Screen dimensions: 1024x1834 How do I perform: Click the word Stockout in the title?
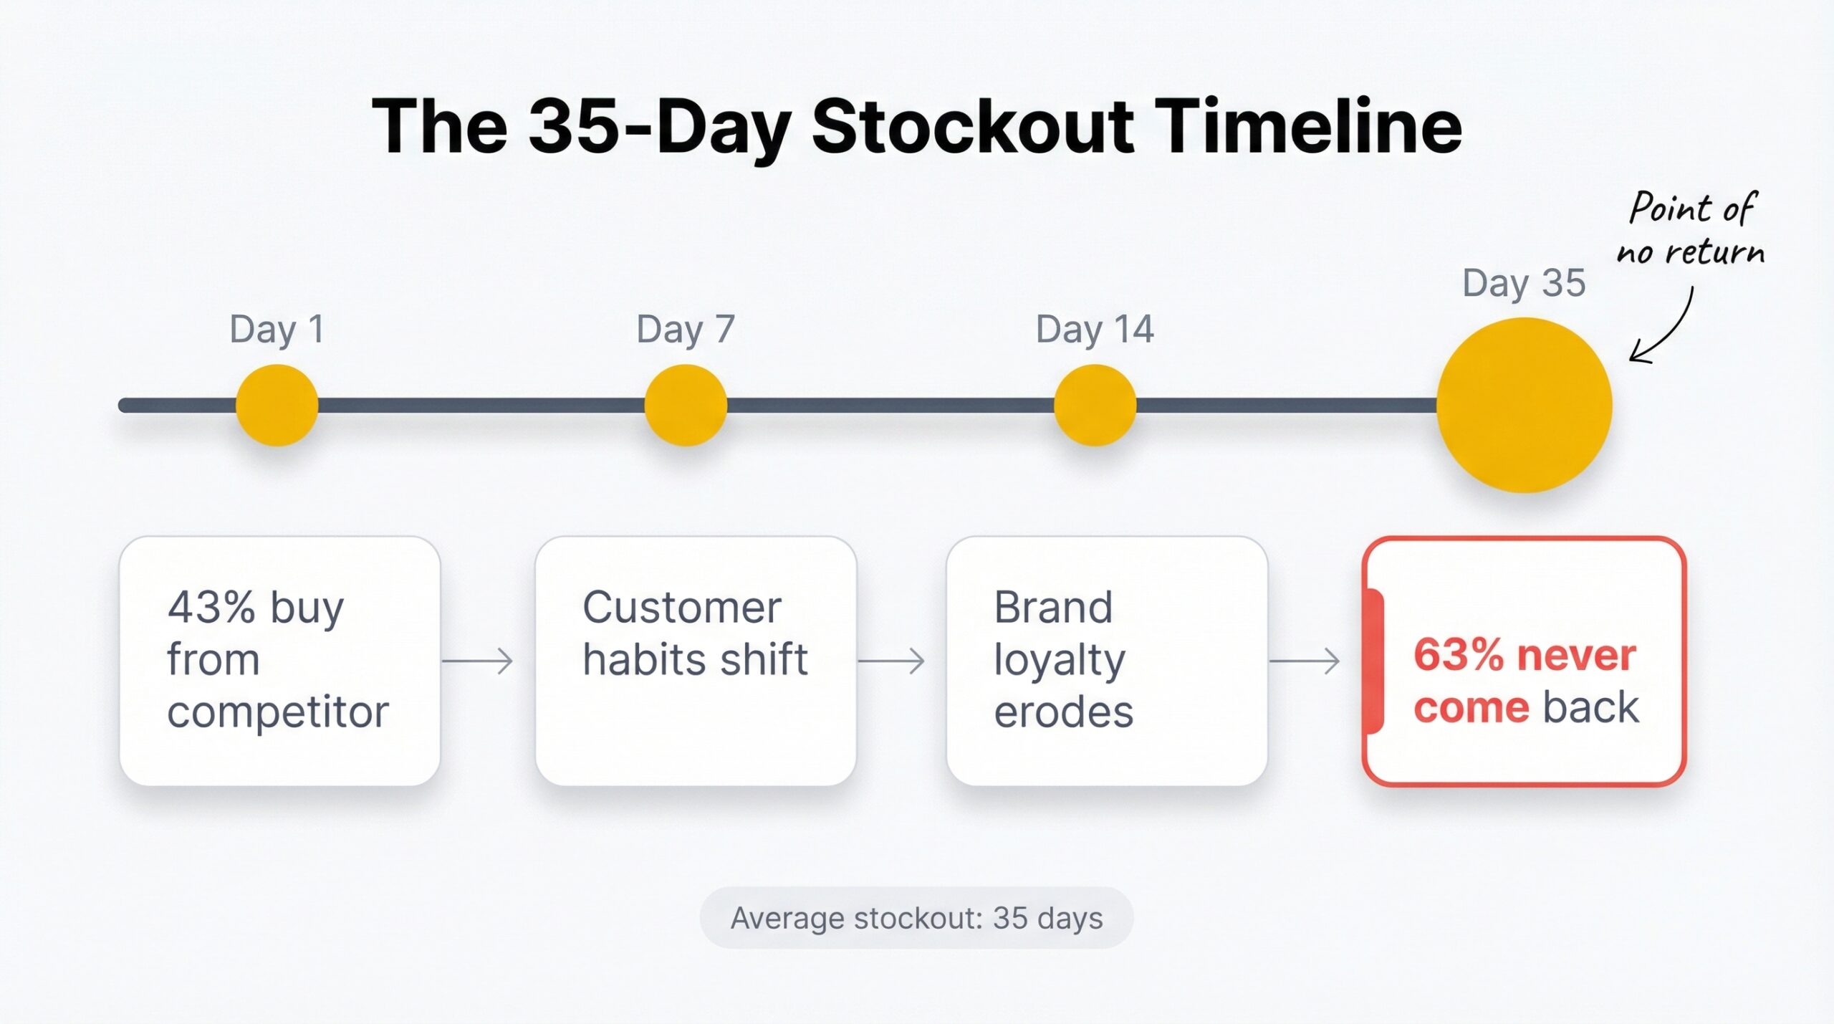point(972,128)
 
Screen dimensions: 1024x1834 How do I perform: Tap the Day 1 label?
point(277,330)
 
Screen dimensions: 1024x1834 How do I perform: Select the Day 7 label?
point(686,330)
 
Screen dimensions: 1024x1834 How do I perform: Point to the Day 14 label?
point(1094,330)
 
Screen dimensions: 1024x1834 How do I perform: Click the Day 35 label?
point(1524,283)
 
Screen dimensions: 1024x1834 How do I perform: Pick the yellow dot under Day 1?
point(277,405)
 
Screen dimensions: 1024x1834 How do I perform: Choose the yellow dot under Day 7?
point(686,405)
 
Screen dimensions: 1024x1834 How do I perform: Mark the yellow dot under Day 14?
point(1095,405)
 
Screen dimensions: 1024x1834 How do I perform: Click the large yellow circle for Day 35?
point(1524,405)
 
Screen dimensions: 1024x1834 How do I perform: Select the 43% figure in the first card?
point(211,608)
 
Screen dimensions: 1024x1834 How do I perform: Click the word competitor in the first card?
point(278,712)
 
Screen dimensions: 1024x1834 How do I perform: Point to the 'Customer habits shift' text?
point(695,633)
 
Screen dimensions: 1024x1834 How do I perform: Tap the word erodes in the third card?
point(1064,712)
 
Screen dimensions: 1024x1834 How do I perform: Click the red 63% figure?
point(1458,655)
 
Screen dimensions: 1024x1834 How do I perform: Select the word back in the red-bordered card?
point(1590,708)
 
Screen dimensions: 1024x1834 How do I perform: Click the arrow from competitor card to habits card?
point(478,661)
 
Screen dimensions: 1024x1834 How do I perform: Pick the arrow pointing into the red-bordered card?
point(1304,661)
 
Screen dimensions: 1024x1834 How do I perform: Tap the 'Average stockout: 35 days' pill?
point(916,918)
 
